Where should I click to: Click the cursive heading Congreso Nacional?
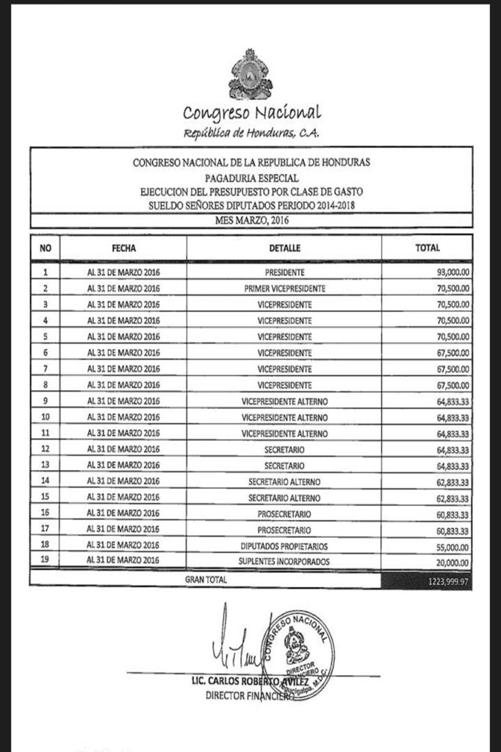click(252, 113)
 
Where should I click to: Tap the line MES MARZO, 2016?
click(251, 220)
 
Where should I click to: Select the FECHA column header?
click(123, 248)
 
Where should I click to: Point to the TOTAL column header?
click(427, 248)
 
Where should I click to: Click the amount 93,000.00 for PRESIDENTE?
click(452, 272)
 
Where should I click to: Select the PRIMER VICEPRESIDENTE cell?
click(285, 289)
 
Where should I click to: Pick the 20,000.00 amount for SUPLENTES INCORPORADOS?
click(452, 562)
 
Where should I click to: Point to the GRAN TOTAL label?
click(206, 579)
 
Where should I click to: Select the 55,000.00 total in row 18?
click(452, 546)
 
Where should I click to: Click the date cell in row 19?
click(123, 561)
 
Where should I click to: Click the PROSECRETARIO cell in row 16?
click(285, 513)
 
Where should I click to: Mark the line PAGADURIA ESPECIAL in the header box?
click(251, 177)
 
